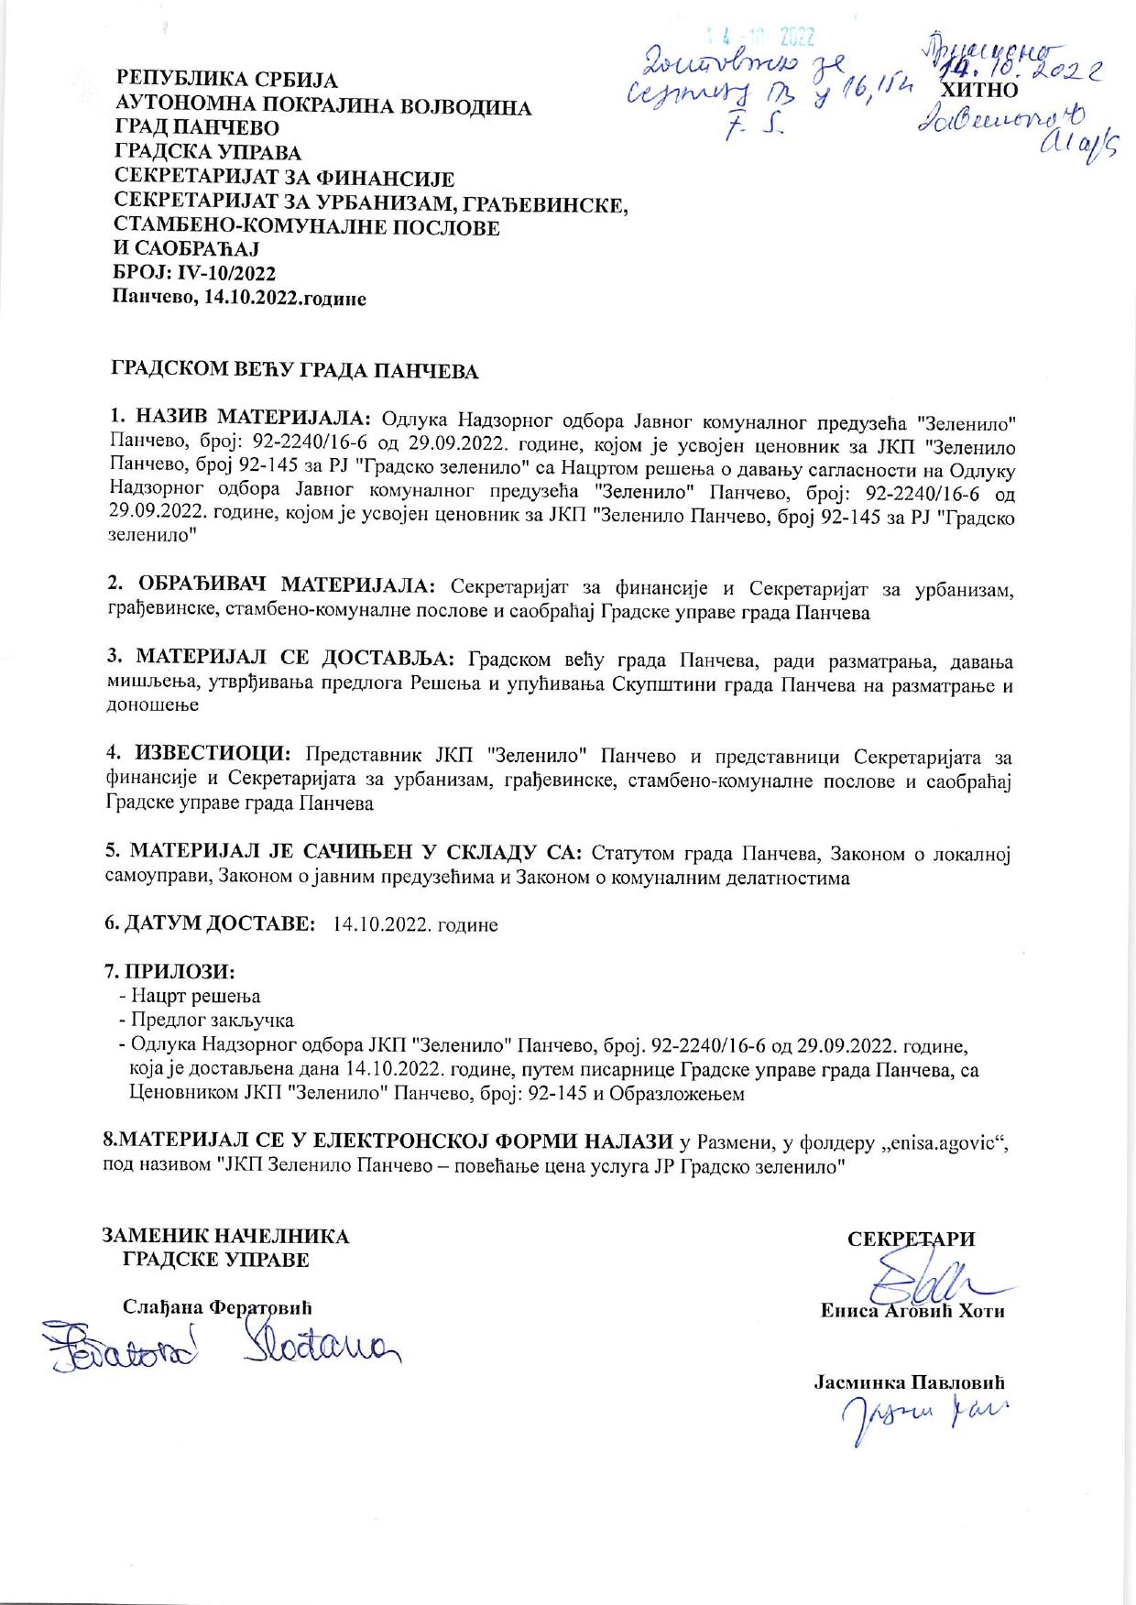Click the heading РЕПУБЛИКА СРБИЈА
click(x=226, y=81)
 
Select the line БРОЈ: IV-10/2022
click(x=194, y=273)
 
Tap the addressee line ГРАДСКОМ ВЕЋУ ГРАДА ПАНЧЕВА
click(x=295, y=371)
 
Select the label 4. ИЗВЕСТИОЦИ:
click(x=199, y=754)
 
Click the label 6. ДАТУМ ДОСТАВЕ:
click(x=210, y=923)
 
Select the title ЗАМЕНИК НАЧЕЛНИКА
click(x=225, y=1236)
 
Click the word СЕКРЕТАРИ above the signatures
click(x=912, y=1239)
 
